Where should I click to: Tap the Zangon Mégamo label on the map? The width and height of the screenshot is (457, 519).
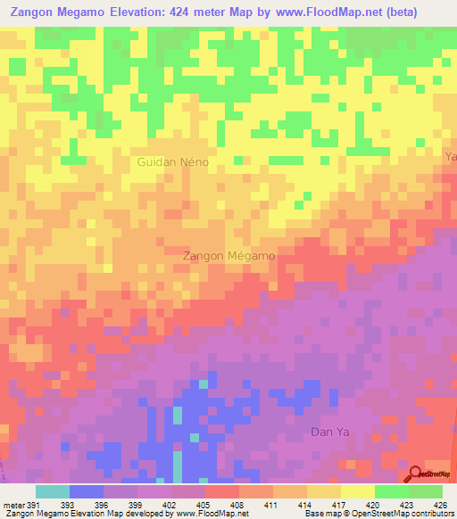pyautogui.click(x=228, y=255)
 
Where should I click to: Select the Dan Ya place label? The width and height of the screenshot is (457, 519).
pyautogui.click(x=325, y=432)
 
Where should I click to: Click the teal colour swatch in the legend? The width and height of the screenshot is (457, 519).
pyautogui.click(x=52, y=491)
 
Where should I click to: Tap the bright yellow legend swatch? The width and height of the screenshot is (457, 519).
pyautogui.click(x=357, y=491)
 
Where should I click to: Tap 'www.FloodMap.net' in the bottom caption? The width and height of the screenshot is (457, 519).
pyautogui.click(x=209, y=514)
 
